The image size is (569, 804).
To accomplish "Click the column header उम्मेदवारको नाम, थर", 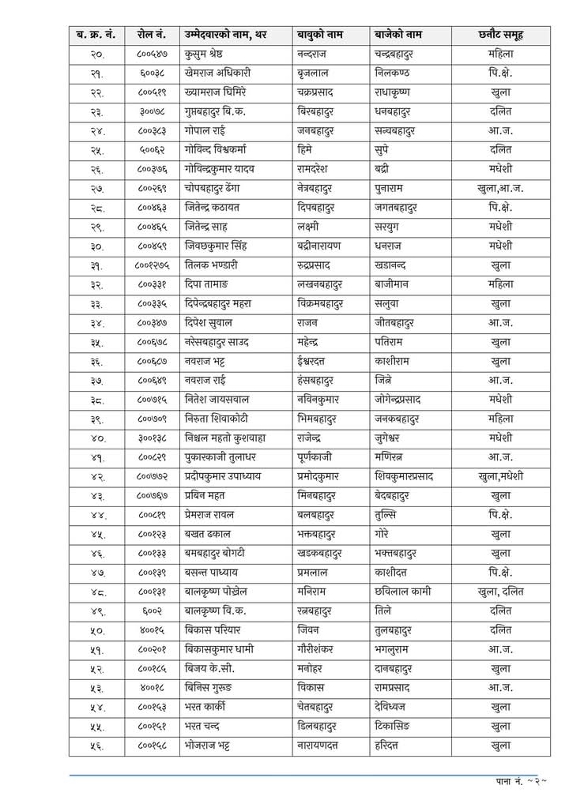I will [x=228, y=35].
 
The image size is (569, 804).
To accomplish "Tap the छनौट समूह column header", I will [x=500, y=35].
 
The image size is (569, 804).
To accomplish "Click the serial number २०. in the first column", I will [x=96, y=54].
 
